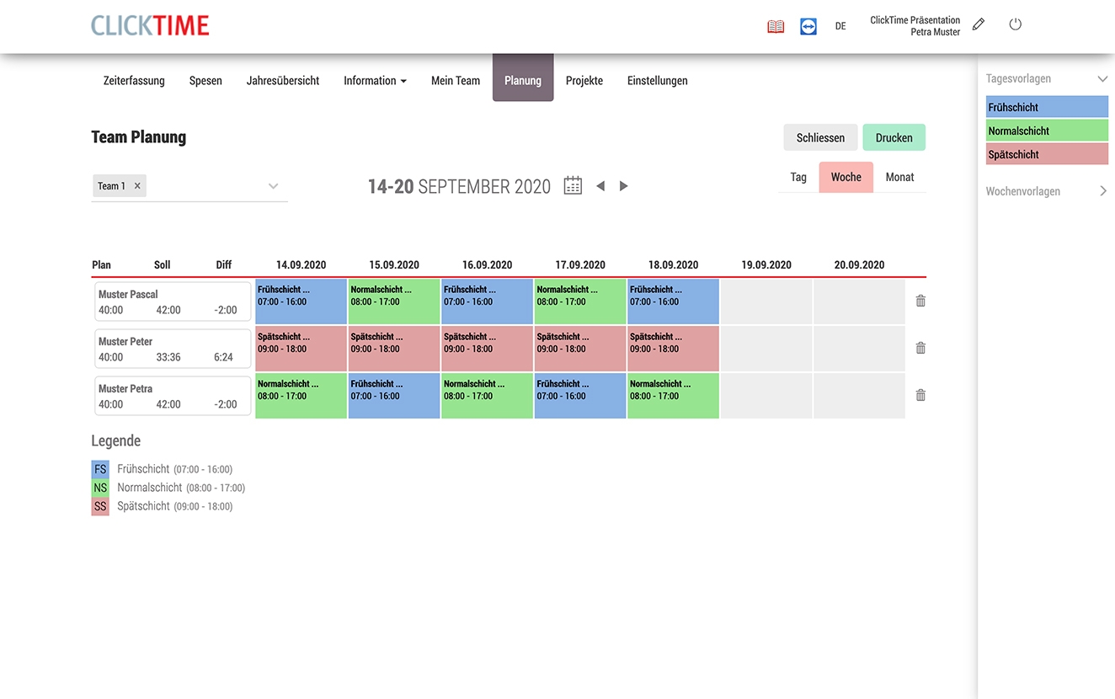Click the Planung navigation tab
523,81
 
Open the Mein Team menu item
456,81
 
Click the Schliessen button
820,138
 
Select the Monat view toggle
899,178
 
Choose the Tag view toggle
798,178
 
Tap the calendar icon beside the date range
573,186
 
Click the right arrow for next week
624,186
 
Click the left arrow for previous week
600,186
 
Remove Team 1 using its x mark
137,186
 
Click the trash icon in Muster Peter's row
920,348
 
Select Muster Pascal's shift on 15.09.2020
394,301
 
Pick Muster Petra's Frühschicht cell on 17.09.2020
580,396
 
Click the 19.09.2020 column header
766,264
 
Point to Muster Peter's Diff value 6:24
224,357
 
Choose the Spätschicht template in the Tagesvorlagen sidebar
1047,154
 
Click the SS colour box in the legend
100,506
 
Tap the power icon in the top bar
1016,24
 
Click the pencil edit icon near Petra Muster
979,24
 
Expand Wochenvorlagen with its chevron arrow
1103,191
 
